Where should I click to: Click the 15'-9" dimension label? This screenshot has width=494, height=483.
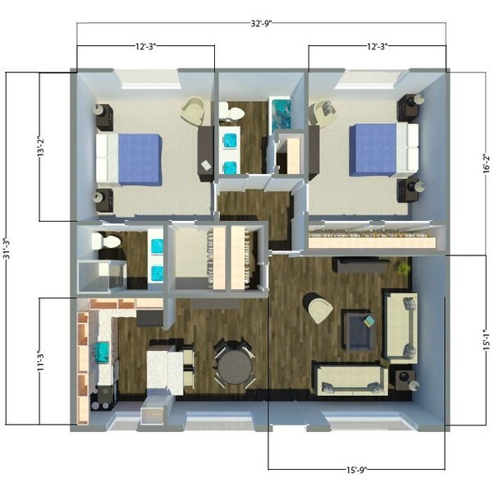(356, 470)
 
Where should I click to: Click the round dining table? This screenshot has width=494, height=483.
(235, 366)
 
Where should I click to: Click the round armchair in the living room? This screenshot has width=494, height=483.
(318, 307)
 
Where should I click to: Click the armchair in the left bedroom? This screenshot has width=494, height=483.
(195, 110)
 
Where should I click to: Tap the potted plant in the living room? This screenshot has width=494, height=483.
(401, 268)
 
